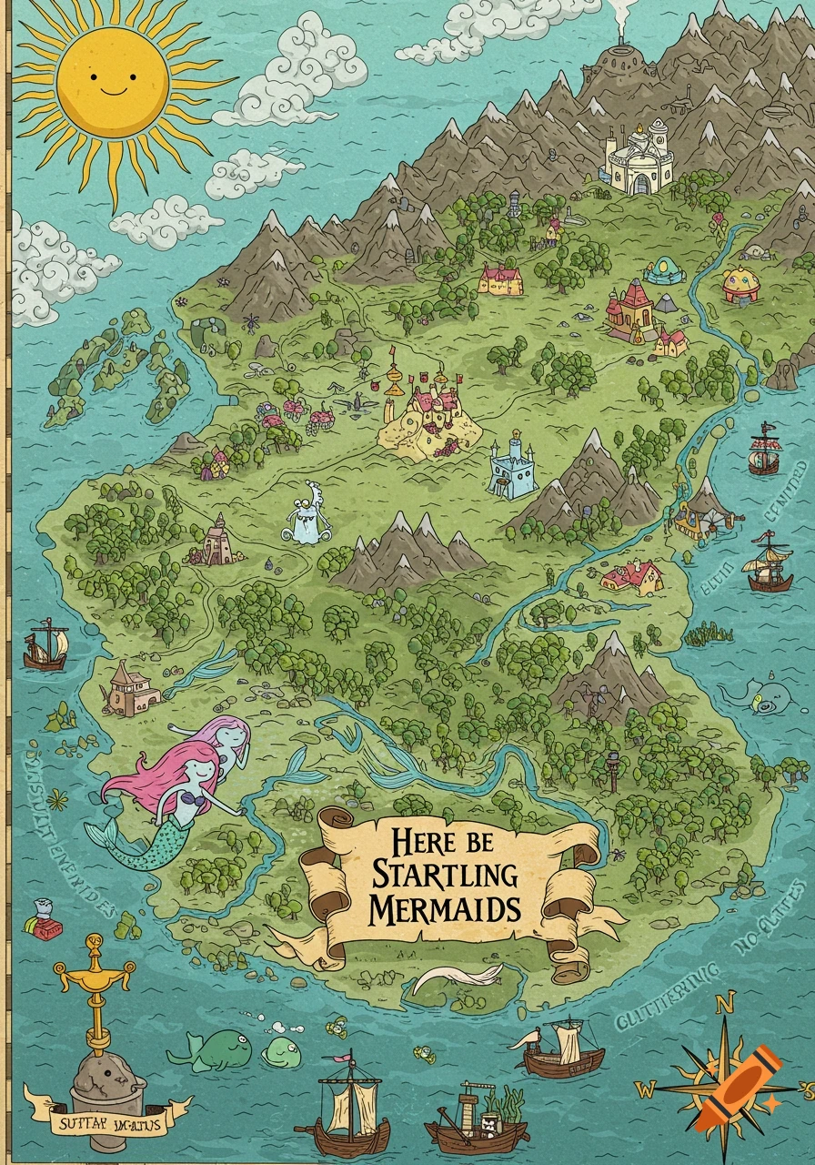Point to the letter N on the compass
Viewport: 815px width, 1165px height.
tap(724, 1004)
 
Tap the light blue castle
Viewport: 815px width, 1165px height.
tap(513, 470)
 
